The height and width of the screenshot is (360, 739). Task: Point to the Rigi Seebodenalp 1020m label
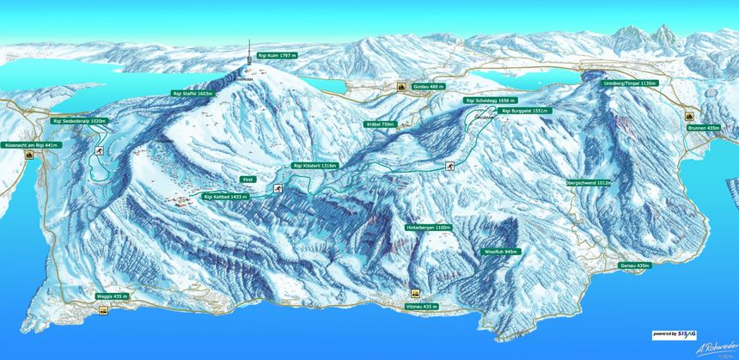[80, 121]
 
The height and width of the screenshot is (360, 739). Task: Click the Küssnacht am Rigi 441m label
[30, 145]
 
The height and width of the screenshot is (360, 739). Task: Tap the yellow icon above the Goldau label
[400, 87]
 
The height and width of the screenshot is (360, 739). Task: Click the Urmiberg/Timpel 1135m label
[630, 83]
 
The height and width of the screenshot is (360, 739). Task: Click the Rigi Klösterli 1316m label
[315, 165]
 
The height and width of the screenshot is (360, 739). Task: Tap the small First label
[247, 180]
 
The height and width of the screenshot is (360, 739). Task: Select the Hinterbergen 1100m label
[428, 228]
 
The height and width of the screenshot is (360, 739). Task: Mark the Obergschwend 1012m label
[589, 183]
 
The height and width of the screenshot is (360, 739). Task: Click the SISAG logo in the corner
[676, 333]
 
